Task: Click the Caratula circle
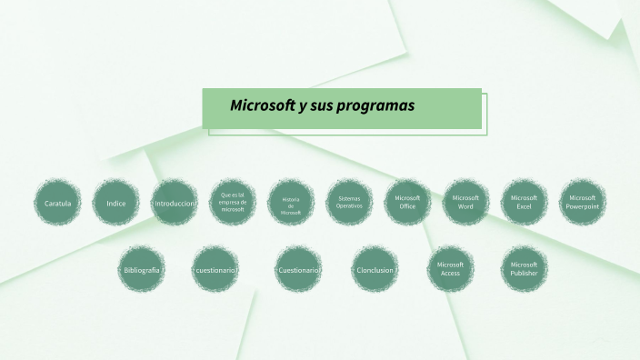[57, 202]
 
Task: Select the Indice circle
[115, 202]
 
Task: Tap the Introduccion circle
[175, 202]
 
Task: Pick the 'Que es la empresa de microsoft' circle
[233, 202]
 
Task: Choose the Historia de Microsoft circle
[291, 202]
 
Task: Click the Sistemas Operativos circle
[349, 202]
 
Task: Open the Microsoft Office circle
[407, 202]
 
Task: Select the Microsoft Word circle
[465, 202]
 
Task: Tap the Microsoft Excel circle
[524, 202]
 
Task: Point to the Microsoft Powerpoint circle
[582, 202]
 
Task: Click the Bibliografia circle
[141, 270]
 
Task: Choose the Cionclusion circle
[375, 270]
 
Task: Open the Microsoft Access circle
[450, 269]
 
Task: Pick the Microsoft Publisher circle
[524, 269]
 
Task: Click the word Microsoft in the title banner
[262, 105]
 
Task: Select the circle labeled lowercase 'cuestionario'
[215, 270]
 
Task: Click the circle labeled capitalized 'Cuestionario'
[298, 270]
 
